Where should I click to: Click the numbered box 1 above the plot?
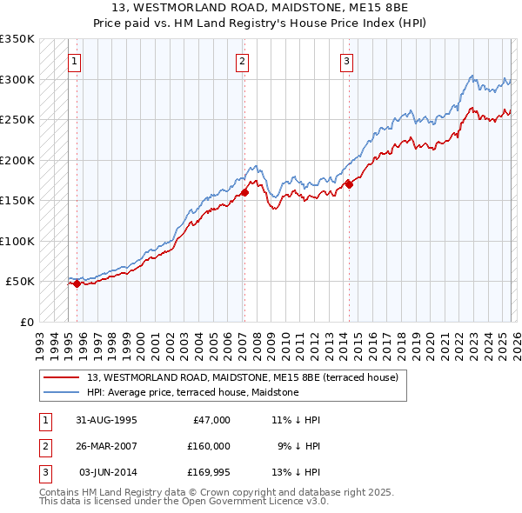75,61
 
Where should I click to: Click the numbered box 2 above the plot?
241,61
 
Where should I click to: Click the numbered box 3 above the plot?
346,61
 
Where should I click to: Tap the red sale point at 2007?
244,193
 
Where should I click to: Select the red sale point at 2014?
349,183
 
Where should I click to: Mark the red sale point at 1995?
77,283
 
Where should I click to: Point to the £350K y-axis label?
17,39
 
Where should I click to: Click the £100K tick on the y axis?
17,241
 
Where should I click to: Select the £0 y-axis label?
27,322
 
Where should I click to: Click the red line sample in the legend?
63,377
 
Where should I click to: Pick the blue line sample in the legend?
63,392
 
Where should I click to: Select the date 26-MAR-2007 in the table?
107,445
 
